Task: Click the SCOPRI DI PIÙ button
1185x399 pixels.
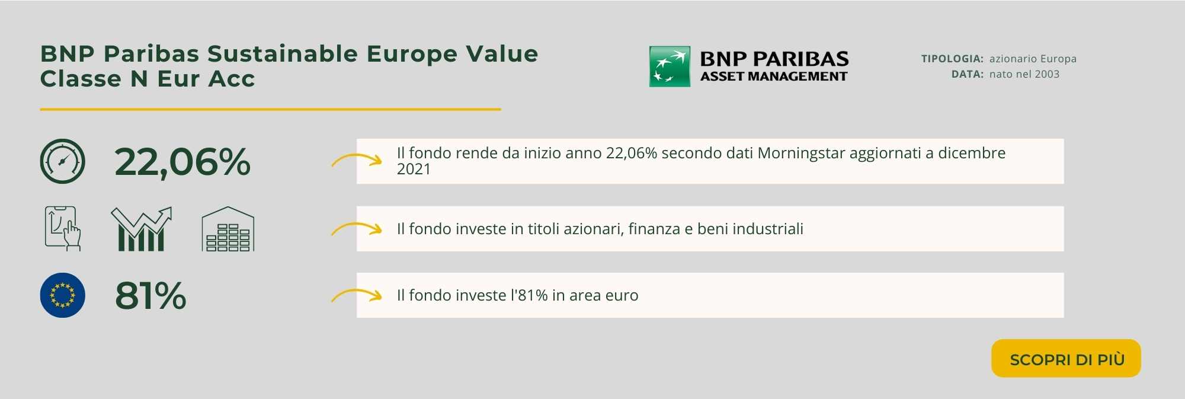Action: tap(1066, 358)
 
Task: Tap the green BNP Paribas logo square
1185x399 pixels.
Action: tap(670, 66)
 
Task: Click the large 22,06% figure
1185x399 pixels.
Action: tap(182, 162)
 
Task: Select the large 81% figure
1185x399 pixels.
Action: tap(150, 295)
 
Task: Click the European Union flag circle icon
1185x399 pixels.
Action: tap(63, 295)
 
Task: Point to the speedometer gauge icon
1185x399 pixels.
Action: tap(63, 161)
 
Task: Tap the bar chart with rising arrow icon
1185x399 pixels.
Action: tap(141, 229)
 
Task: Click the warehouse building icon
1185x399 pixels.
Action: tap(228, 229)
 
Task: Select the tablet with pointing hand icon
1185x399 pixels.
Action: tap(63, 229)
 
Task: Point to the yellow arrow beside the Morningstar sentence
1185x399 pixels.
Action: tap(356, 159)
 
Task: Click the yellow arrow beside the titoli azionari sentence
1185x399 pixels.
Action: tap(356, 228)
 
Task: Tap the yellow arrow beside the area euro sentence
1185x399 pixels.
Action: tap(356, 295)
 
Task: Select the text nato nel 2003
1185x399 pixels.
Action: tap(1024, 74)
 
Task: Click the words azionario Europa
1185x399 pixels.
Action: tap(1033, 59)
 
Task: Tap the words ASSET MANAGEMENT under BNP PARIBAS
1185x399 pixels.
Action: tap(774, 76)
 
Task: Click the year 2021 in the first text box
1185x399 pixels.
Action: tap(414, 169)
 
